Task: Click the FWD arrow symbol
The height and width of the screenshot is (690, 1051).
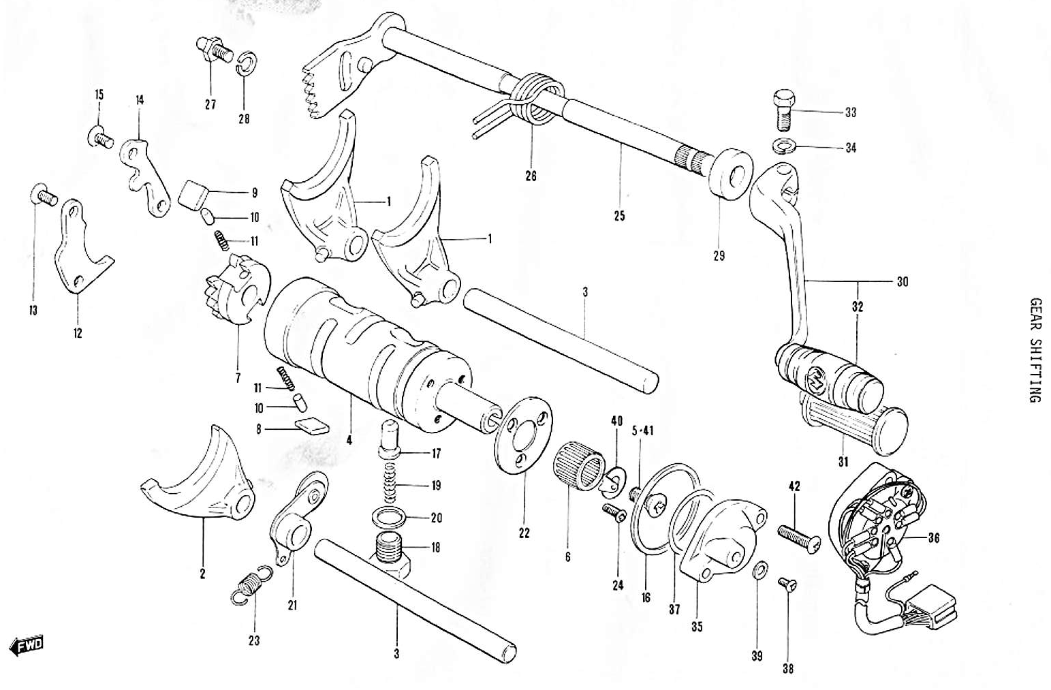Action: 27,644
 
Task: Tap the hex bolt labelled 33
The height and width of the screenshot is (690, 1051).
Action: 783,110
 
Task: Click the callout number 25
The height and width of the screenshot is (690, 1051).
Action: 618,217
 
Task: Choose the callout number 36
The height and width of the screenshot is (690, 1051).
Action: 933,537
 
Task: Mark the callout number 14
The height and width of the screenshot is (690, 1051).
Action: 140,100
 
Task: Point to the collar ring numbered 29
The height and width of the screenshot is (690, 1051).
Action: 730,173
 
